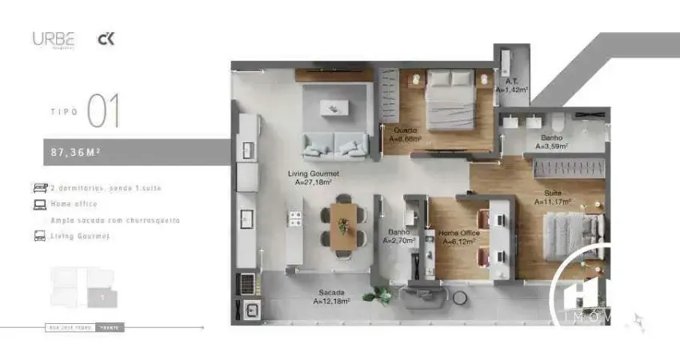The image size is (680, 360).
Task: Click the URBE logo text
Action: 53,38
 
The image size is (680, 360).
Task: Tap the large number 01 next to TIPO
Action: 103,111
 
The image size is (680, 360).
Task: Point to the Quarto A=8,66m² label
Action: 406,134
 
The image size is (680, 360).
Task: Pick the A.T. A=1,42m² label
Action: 512,86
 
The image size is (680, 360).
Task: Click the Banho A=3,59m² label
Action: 552,142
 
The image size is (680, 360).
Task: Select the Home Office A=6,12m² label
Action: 458,237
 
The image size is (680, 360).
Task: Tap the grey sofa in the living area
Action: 334,145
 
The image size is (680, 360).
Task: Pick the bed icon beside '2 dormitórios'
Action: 39,188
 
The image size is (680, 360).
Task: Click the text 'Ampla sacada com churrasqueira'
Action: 114,220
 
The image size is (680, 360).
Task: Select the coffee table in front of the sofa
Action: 335,108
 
